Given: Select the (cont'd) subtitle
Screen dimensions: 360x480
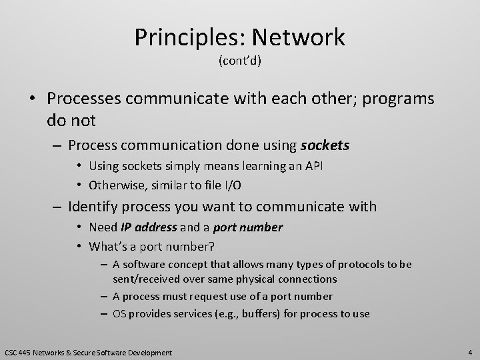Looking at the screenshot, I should [x=240, y=62].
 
